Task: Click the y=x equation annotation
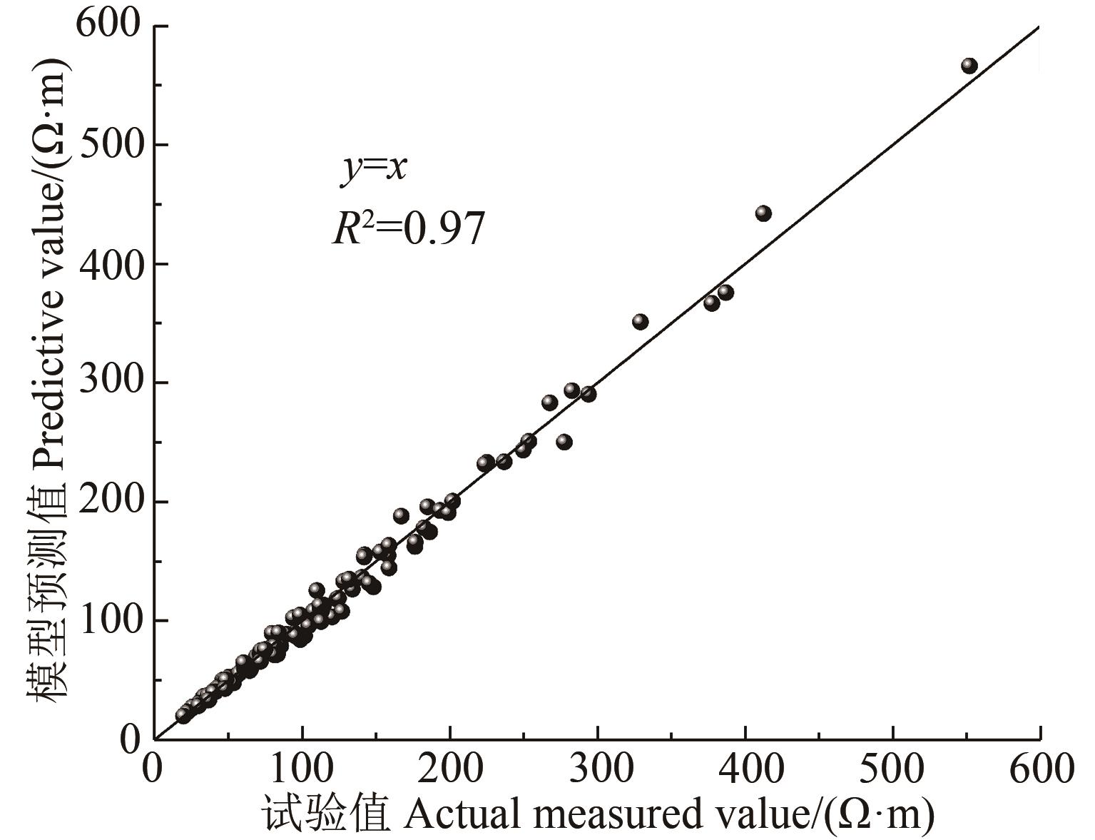point(373,170)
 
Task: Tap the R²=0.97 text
point(409,229)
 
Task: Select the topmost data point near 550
point(969,66)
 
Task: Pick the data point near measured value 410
point(763,213)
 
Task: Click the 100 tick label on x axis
point(302,770)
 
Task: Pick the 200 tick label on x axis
point(450,770)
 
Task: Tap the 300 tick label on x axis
point(598,770)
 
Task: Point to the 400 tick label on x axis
point(745,770)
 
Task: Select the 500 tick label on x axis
point(893,770)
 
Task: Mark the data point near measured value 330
point(640,322)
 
